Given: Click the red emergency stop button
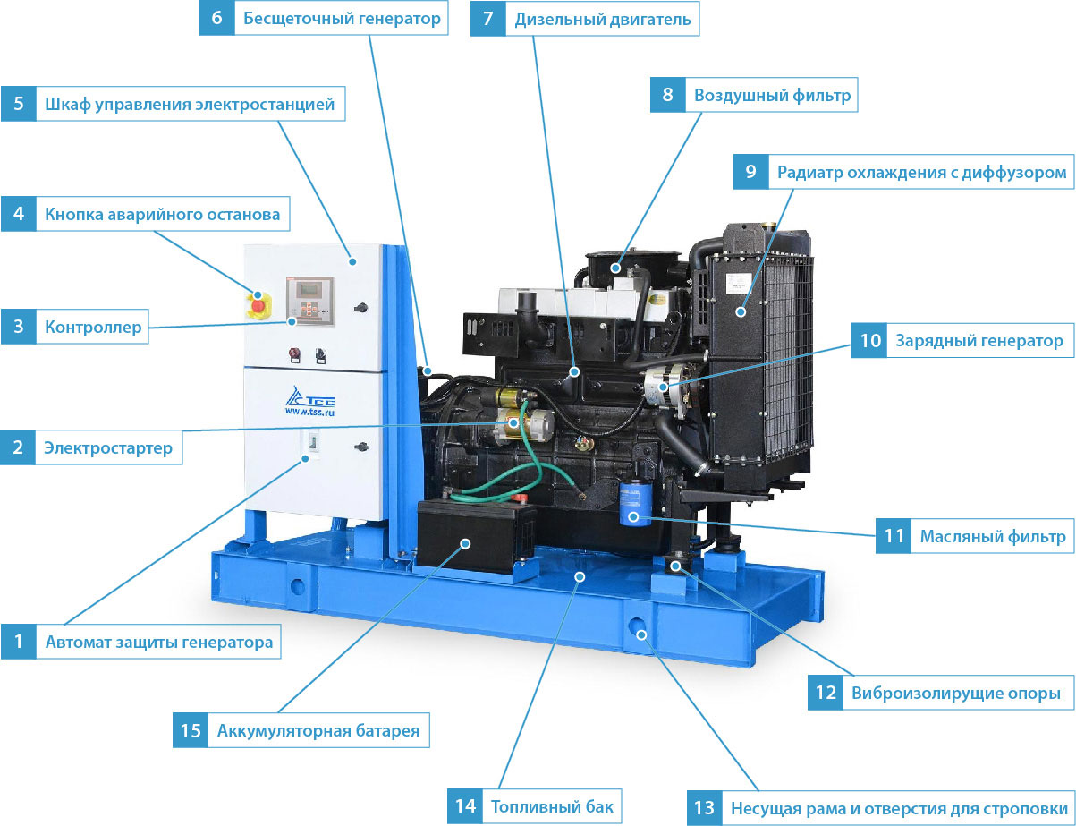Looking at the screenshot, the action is (258, 305).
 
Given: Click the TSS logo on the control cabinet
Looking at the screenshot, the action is (310, 401).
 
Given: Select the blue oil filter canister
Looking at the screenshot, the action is (635, 503).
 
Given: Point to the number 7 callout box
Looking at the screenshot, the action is (487, 19).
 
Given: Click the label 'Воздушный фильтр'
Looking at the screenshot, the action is (772, 95).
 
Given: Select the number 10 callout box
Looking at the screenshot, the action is (869, 341).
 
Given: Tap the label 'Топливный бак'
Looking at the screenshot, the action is (552, 806).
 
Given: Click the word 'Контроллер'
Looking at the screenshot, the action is (93, 327).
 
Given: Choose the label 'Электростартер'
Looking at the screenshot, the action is (108, 447).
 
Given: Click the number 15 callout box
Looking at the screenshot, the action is (191, 730).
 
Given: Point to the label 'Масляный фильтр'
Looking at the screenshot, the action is (992, 536).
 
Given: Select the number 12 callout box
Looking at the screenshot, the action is (826, 693).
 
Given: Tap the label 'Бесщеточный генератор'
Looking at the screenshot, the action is (342, 18).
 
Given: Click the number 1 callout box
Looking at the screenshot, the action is (18, 642).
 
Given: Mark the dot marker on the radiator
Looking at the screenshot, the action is (741, 312).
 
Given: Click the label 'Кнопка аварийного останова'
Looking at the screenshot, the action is (163, 215).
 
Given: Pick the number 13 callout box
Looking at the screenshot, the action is (705, 808).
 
